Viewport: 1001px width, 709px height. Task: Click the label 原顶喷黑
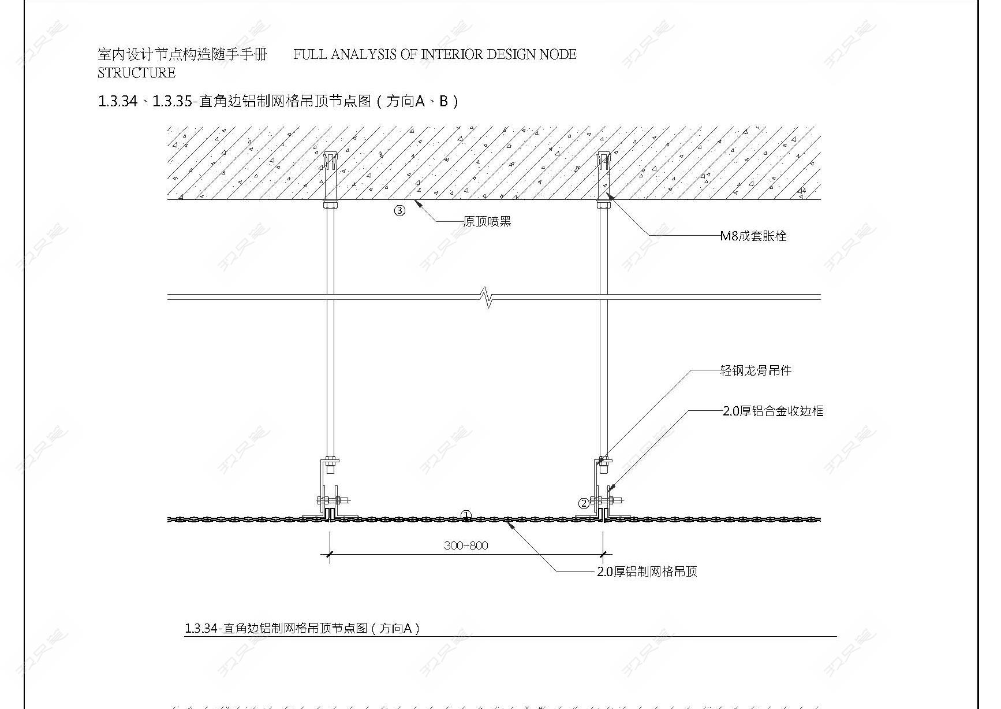coord(487,222)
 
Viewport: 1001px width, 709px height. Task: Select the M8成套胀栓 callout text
coord(753,236)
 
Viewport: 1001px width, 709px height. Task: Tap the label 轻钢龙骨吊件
coord(756,370)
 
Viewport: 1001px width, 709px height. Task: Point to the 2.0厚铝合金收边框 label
coord(773,411)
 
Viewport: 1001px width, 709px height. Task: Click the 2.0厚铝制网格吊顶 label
coord(647,571)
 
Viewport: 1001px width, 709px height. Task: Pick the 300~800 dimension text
coord(466,545)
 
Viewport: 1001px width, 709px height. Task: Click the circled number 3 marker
coord(399,210)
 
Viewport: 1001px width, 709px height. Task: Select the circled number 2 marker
coord(584,503)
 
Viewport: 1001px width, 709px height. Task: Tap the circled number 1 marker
coord(466,515)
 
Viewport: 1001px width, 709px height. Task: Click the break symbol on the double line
coord(488,298)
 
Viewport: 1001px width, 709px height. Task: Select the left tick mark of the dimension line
coord(330,555)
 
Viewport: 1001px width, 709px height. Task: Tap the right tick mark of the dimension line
coord(603,555)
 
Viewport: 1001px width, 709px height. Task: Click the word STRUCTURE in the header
coord(136,73)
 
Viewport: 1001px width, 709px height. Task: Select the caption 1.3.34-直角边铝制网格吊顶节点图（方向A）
coord(302,628)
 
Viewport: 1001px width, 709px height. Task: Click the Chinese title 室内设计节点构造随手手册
coord(182,54)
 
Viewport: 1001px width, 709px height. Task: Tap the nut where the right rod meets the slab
coord(604,205)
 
